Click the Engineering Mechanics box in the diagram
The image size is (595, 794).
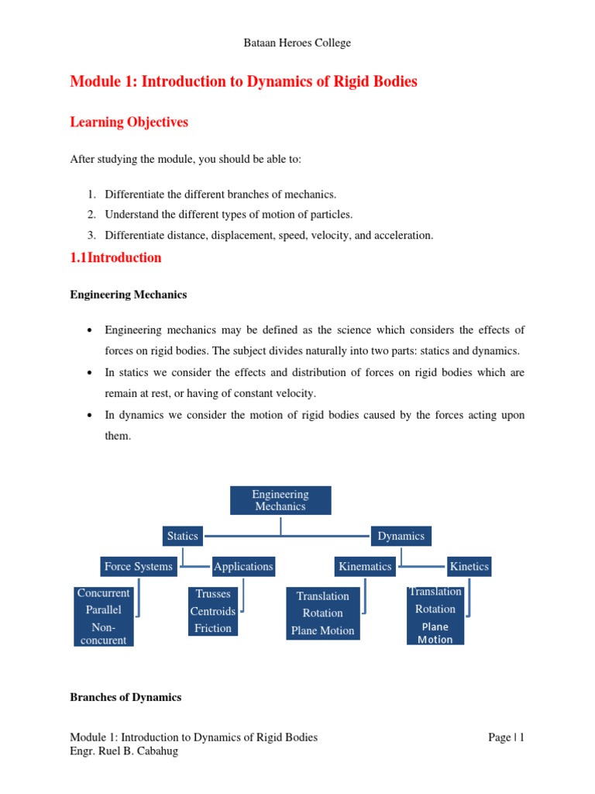[280, 500]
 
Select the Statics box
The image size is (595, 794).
[182, 536]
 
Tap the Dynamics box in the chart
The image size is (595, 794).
[401, 536]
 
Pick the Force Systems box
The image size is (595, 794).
[138, 567]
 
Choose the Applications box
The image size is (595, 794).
[243, 567]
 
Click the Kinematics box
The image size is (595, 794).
[365, 567]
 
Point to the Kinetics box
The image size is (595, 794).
[469, 567]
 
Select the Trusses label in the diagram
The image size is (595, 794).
[213, 594]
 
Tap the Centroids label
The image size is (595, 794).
[213, 611]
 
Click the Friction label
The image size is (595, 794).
[213, 628]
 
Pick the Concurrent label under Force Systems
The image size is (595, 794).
[104, 593]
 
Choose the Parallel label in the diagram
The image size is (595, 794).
[104, 609]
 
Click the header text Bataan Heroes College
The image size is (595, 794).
[297, 43]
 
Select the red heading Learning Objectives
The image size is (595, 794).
[129, 123]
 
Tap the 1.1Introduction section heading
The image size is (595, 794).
[116, 258]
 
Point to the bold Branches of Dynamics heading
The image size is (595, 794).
[126, 697]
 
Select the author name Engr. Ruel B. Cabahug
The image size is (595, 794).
[124, 751]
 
